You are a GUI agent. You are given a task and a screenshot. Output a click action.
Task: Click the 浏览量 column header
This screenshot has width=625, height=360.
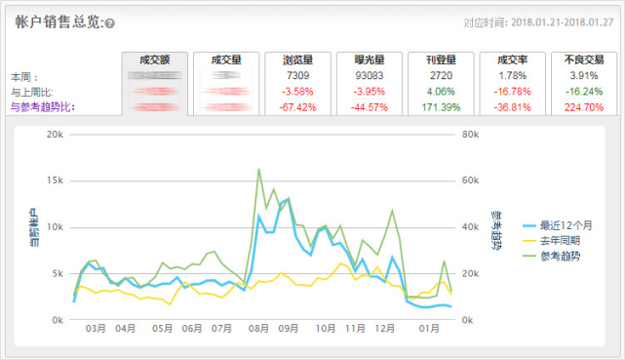tap(299, 60)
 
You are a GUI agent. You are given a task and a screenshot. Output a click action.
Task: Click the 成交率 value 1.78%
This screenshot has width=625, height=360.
tap(513, 75)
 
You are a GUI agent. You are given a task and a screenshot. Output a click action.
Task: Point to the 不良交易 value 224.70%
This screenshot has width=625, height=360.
tap(584, 107)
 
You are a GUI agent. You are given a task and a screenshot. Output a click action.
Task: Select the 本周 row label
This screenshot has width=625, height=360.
tap(24, 76)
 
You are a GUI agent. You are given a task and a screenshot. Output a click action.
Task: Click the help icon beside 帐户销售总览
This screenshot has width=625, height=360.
tap(110, 23)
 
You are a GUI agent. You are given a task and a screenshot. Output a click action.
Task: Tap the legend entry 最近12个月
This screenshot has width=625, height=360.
tap(566, 225)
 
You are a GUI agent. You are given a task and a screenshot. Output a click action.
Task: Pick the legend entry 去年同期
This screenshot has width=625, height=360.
tap(560, 241)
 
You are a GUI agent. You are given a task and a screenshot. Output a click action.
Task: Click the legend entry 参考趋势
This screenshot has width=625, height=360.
tap(560, 257)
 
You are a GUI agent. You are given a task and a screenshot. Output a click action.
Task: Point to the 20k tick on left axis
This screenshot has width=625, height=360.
tap(55, 135)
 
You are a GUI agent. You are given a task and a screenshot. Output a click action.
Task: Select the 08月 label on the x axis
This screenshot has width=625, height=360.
tap(258, 329)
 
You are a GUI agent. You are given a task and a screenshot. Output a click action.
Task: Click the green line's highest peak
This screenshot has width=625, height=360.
tap(258, 170)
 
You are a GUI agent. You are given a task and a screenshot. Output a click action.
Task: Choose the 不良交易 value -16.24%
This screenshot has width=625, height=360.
tap(584, 91)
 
